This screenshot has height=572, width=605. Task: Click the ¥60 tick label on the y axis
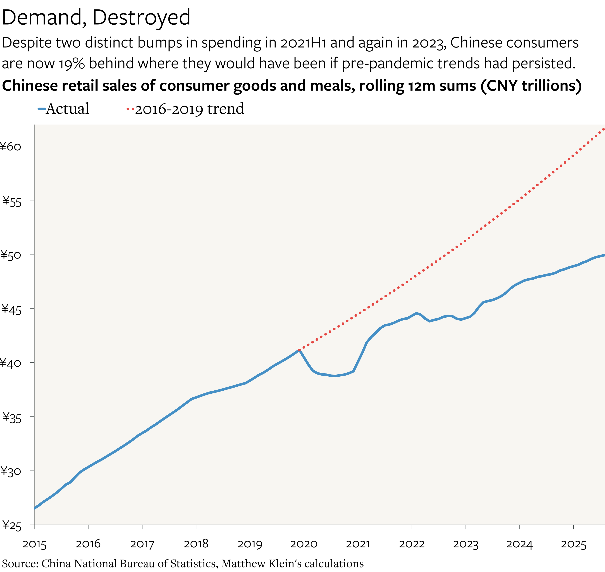11,147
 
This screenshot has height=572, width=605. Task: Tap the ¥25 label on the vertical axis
12,526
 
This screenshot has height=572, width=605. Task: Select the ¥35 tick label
12,417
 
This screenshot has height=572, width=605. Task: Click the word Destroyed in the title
141,17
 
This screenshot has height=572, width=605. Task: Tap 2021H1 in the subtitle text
303,43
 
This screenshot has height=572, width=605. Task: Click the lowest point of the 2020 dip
335,376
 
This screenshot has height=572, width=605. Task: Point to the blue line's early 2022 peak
416,313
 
